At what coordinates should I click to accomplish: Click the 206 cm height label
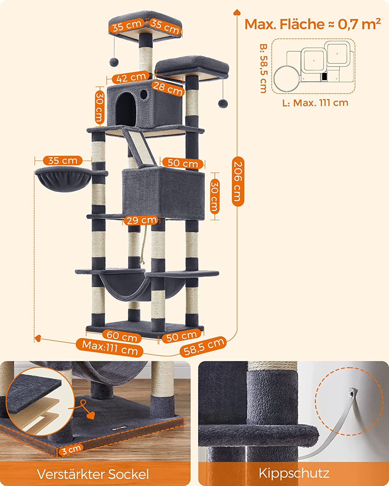(238, 181)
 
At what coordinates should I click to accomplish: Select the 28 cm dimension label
(168, 88)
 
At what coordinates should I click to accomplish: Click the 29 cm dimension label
(141, 220)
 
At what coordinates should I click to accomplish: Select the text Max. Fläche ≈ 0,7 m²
(312, 24)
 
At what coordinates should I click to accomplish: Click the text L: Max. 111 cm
(315, 103)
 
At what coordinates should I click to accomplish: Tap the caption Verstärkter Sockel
(93, 472)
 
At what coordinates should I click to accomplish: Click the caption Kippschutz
(294, 472)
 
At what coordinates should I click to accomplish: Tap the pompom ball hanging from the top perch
(114, 62)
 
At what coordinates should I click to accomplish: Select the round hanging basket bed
(64, 179)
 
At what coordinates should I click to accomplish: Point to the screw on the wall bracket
(352, 393)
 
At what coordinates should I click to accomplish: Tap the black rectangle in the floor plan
(324, 76)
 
